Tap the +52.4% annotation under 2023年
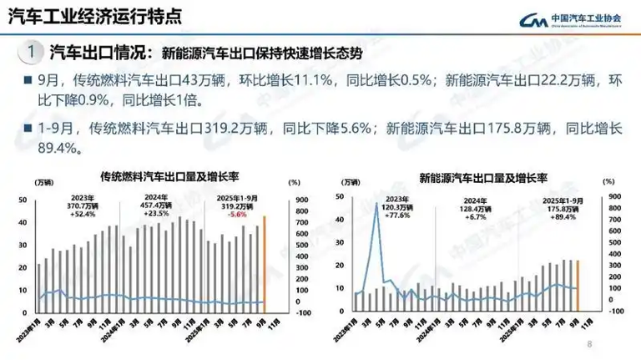[82, 214]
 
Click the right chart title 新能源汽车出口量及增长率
[483, 178]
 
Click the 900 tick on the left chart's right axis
[295, 199]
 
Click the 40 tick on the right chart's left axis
[339, 197]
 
